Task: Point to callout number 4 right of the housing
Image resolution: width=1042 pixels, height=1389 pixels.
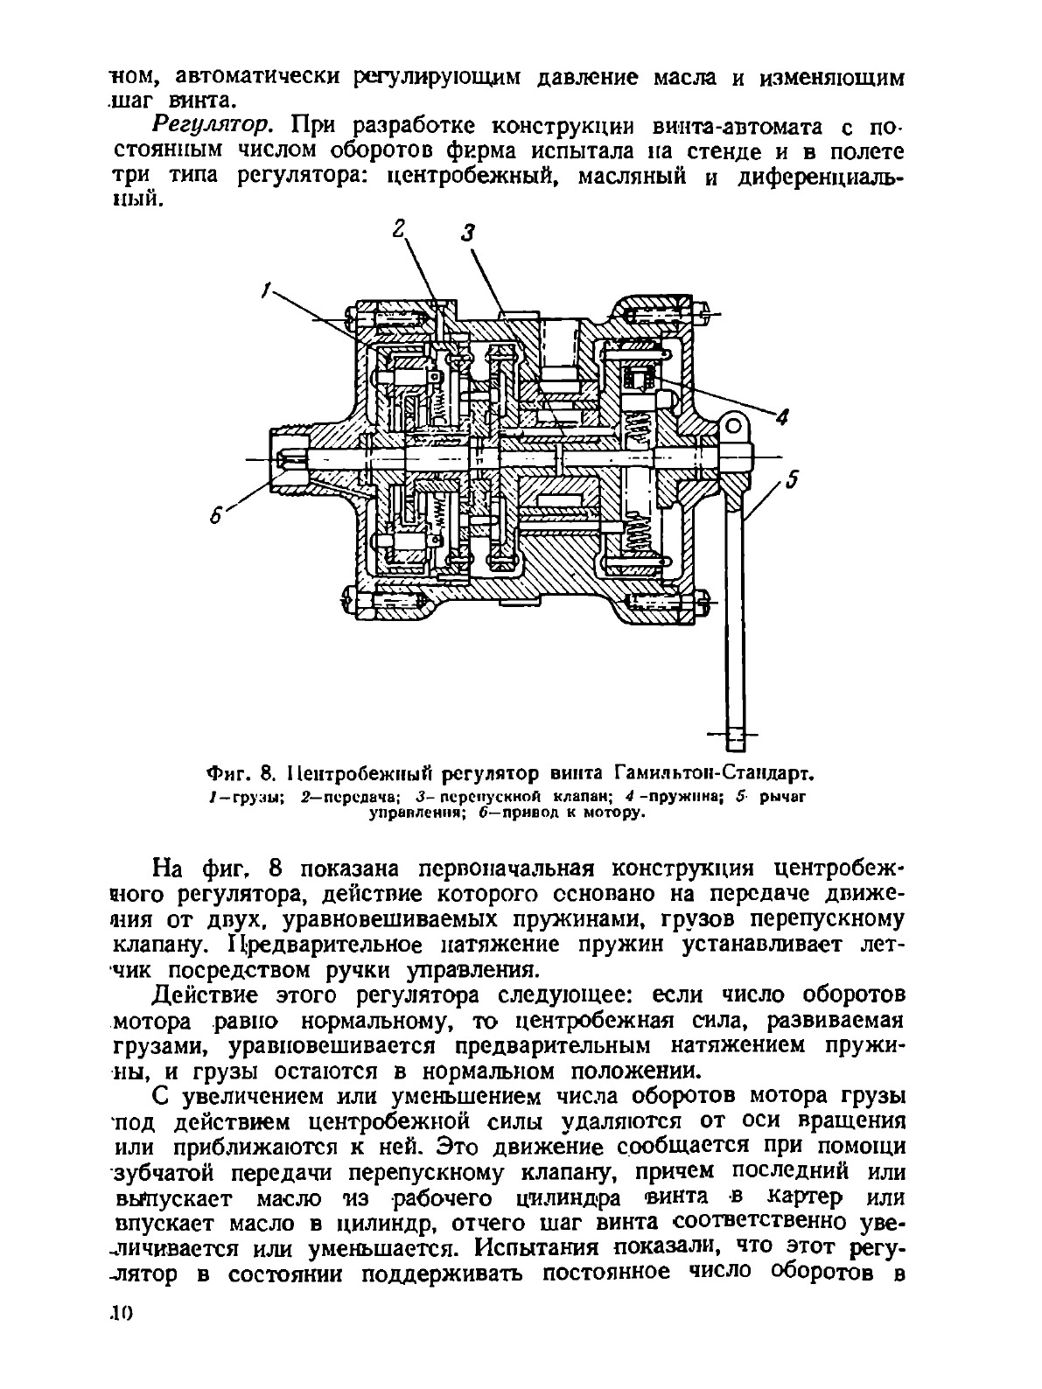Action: pos(784,415)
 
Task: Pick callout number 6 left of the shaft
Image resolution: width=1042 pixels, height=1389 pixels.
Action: pos(218,516)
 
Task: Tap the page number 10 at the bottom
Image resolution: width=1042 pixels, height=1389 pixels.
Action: pos(121,1361)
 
